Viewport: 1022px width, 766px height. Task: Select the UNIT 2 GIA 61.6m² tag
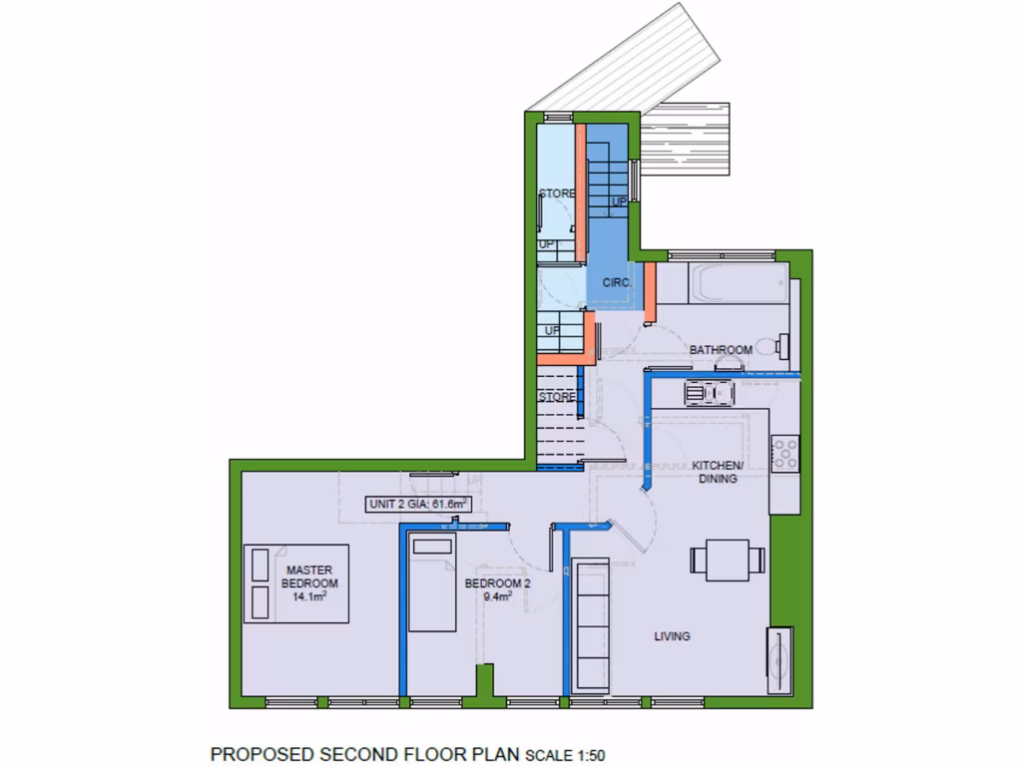click(418, 505)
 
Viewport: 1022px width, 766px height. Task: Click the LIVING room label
click(672, 636)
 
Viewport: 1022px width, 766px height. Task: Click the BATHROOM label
click(721, 350)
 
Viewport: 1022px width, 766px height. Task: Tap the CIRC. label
click(617, 283)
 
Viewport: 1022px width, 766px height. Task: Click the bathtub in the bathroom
click(725, 283)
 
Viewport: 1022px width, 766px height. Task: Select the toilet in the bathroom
click(773, 347)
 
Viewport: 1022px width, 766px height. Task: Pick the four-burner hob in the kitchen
click(784, 453)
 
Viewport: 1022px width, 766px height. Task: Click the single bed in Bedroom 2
click(431, 582)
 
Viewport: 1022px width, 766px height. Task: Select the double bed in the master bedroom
click(296, 583)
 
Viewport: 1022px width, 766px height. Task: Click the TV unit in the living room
click(779, 660)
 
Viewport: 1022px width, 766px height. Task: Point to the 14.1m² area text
click(309, 596)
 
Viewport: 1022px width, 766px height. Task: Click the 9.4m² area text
click(497, 596)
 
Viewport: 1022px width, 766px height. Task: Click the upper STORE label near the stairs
click(557, 192)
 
